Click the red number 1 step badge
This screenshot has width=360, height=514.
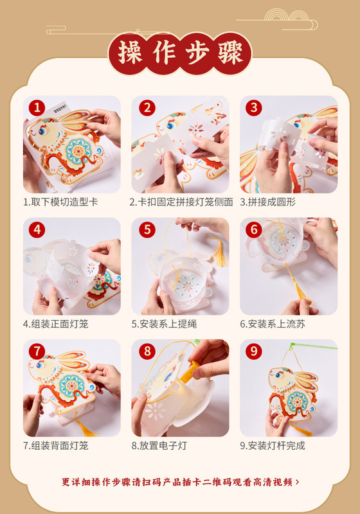coord(37,107)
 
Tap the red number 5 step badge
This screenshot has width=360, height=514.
coord(147,229)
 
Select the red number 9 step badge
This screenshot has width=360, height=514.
coord(254,351)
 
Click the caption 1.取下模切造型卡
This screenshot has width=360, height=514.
coord(60,202)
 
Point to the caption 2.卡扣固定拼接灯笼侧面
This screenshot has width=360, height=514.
coord(181,202)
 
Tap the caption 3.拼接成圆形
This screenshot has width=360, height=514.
coord(267,202)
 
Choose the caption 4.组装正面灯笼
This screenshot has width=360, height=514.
coord(56,324)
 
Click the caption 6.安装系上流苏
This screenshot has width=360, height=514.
coord(273,324)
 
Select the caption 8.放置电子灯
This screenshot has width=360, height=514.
coord(159,445)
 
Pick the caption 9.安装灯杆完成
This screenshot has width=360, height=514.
coord(273,445)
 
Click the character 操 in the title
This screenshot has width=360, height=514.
coord(130,53)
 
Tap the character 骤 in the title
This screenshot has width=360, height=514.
coord(230,53)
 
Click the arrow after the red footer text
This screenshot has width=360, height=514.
coord(298,482)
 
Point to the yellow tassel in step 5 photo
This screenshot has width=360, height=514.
coord(218,249)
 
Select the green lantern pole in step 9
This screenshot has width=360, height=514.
coord(313,346)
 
